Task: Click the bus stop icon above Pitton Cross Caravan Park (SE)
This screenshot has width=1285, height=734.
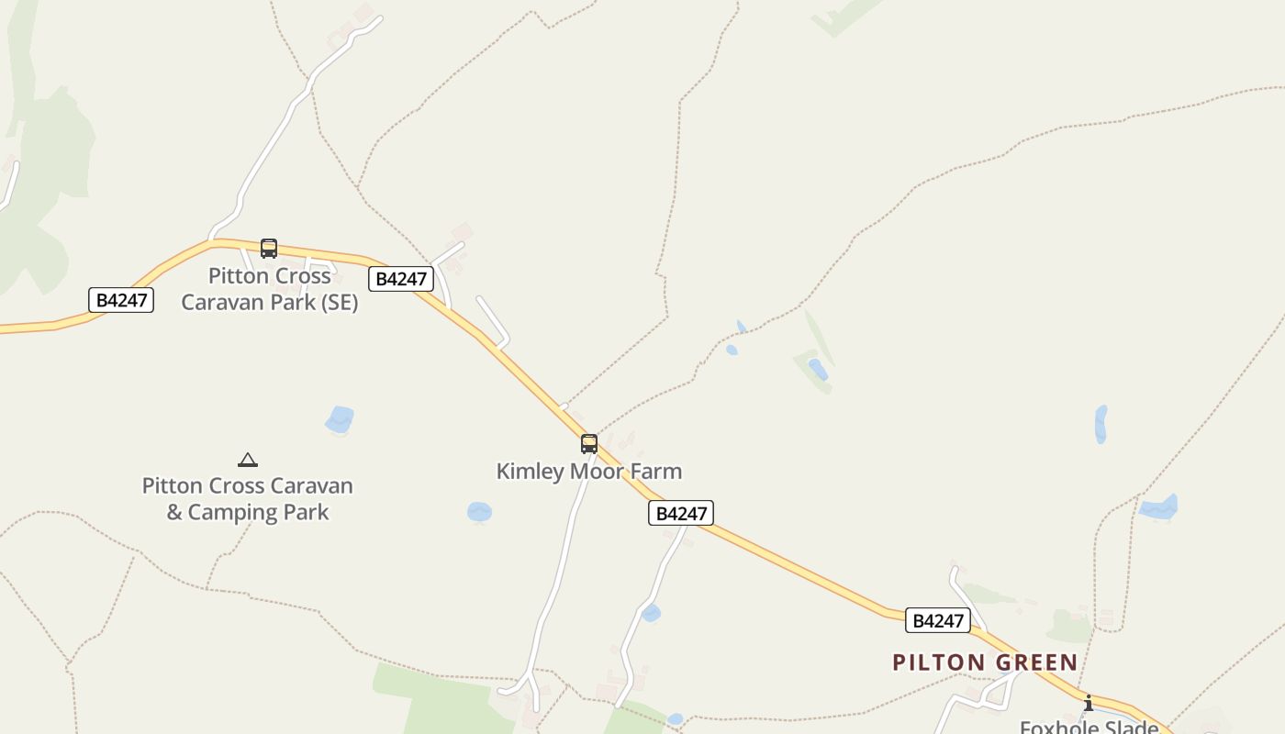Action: tap(268, 248)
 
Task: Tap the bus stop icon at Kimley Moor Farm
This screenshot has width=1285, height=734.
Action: tap(589, 444)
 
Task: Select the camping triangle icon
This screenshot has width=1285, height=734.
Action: tap(247, 460)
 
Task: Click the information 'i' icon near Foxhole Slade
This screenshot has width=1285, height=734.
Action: tap(1089, 703)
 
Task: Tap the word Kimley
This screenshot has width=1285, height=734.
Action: tap(531, 472)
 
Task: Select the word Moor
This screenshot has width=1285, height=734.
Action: tap(598, 472)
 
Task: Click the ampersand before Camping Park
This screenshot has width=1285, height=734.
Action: tap(174, 512)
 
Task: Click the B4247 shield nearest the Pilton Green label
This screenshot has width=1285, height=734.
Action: tap(937, 620)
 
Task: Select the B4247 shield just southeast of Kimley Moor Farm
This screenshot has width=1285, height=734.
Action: tap(681, 513)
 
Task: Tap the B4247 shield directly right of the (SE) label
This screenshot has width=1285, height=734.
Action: tap(401, 279)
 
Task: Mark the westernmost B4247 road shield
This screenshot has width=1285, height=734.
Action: tap(121, 300)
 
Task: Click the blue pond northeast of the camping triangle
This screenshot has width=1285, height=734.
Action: tap(340, 419)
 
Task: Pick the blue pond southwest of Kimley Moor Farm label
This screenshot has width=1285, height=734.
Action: tap(479, 512)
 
